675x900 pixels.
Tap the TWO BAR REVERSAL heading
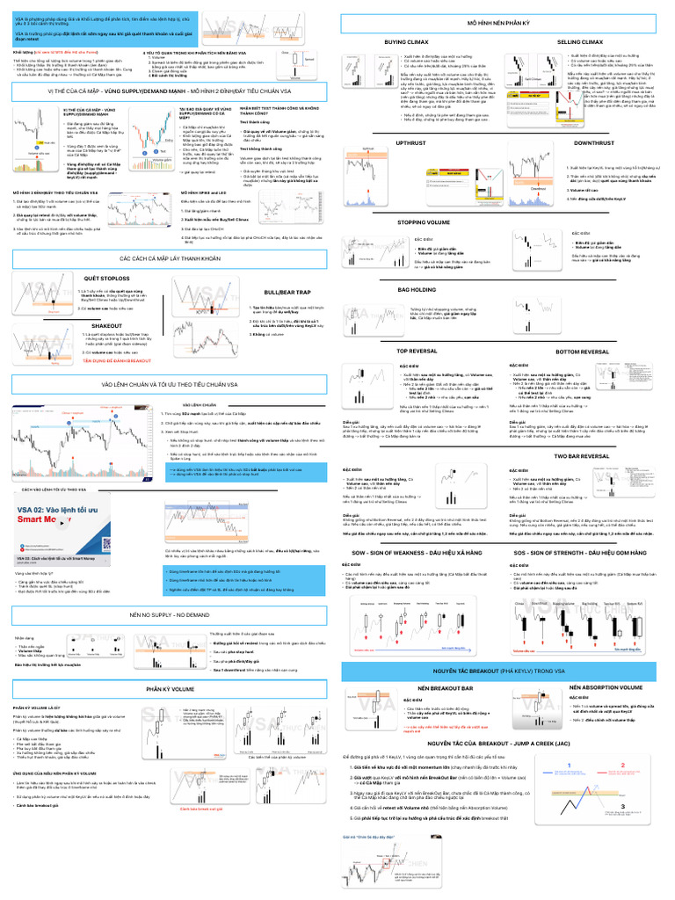(x=601, y=456)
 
